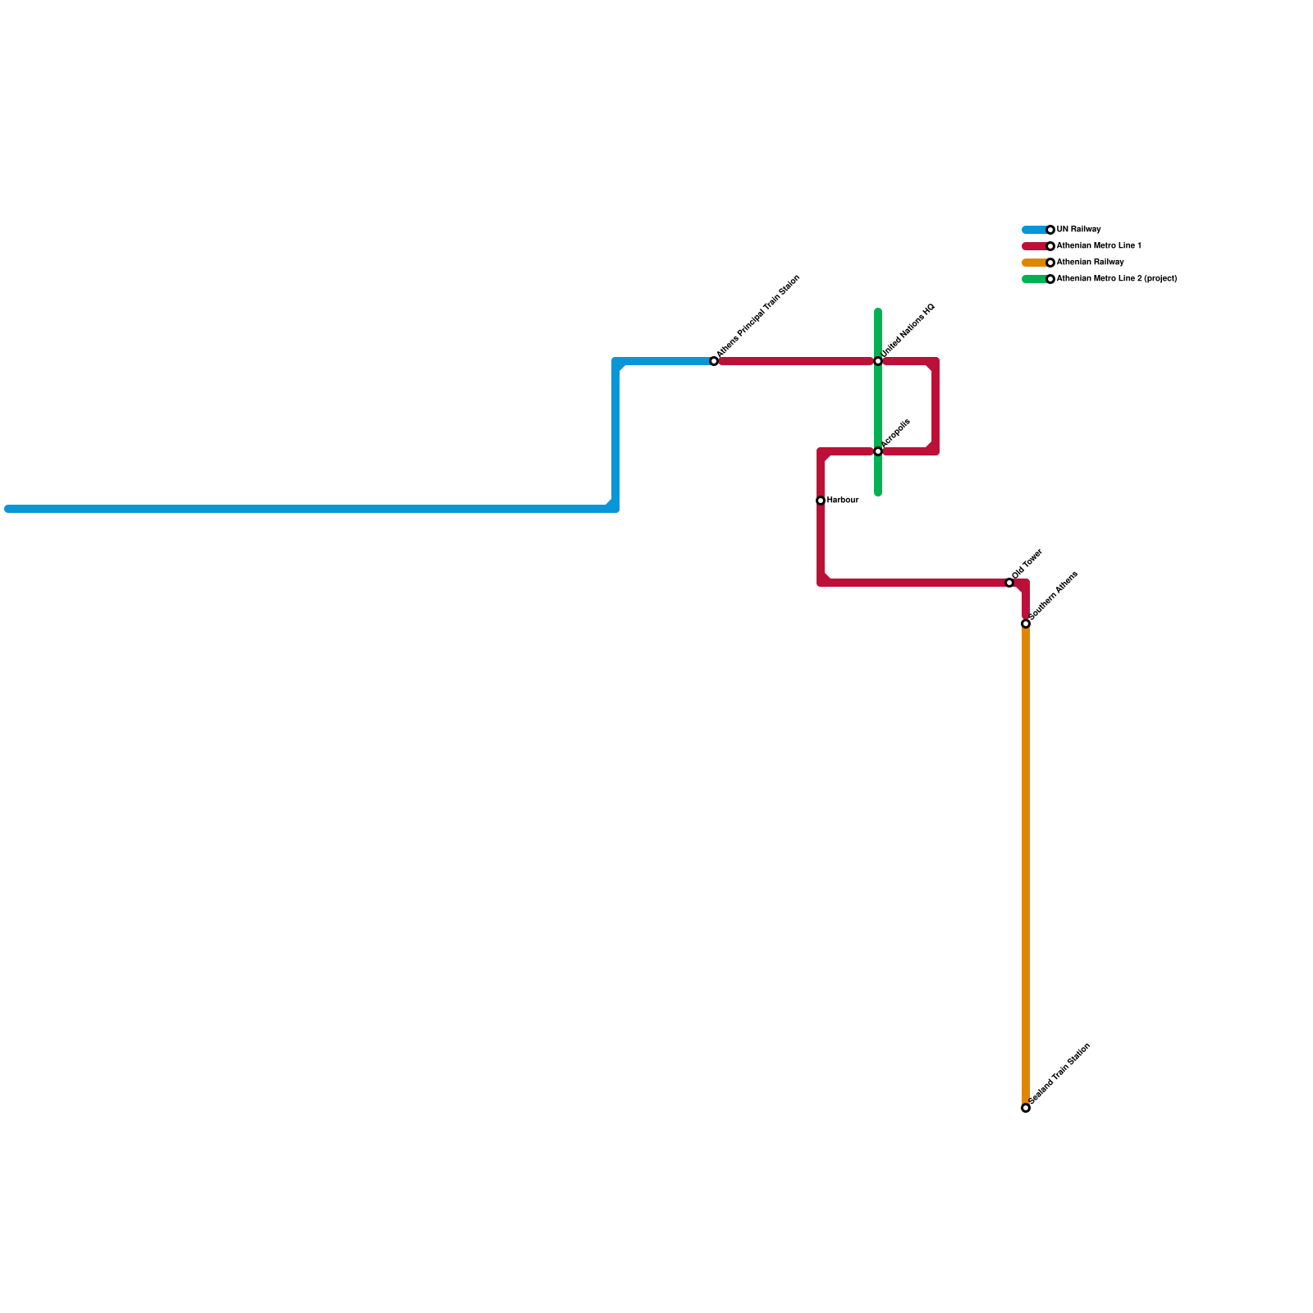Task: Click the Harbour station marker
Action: (821, 501)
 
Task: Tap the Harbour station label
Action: (843, 501)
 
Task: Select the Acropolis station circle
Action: (878, 451)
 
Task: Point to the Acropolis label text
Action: (896, 433)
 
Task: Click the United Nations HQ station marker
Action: (878, 361)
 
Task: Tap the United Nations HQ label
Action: (908, 331)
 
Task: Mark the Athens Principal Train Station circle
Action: (714, 361)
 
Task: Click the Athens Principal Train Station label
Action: (758, 317)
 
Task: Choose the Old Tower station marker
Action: (1009, 583)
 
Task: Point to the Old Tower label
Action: (1027, 564)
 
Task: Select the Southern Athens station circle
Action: (1026, 624)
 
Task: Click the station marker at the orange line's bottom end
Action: (1026, 1108)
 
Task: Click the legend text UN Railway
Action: (1078, 230)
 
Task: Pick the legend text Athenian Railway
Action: (1090, 263)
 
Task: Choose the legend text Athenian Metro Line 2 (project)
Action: (1117, 279)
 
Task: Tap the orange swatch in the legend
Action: (1034, 263)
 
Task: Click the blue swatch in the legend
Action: (1034, 230)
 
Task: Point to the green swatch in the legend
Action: (1034, 279)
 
